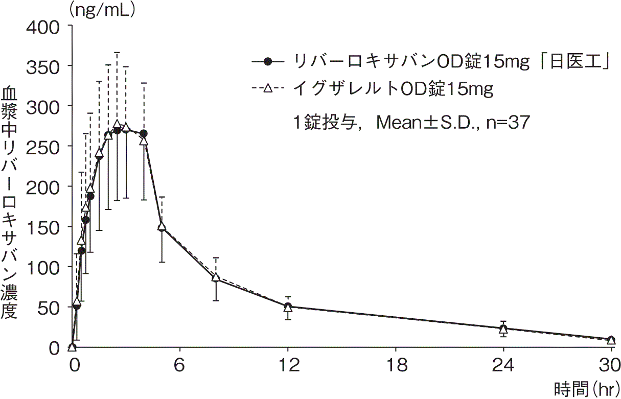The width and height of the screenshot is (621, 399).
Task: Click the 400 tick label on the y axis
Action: [x=43, y=28]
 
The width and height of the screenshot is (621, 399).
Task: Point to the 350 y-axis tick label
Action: [x=43, y=68]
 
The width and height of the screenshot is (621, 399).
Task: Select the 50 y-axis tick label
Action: [x=49, y=309]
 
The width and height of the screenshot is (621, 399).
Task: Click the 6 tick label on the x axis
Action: [x=179, y=365]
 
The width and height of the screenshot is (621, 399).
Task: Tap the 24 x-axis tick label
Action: [x=503, y=365]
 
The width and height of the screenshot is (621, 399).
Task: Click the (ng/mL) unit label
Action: [x=102, y=11]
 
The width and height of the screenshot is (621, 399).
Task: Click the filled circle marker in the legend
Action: [x=268, y=61]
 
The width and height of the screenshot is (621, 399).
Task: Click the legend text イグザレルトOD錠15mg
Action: [x=393, y=89]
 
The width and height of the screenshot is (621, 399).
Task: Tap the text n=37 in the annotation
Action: [x=508, y=123]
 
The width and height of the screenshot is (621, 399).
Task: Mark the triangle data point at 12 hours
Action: [x=288, y=308]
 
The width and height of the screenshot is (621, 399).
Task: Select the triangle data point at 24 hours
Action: [x=503, y=329]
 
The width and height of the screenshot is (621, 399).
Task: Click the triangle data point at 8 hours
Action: [x=216, y=277]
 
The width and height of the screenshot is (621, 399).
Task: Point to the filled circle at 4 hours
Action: [x=144, y=133]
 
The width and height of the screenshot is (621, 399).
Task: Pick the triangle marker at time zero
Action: [x=73, y=347]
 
